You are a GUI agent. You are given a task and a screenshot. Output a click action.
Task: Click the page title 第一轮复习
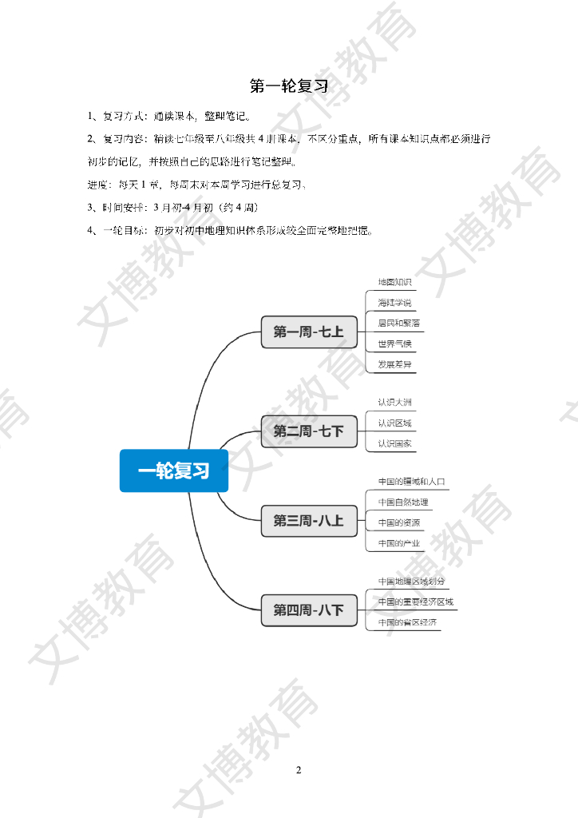tap(289, 86)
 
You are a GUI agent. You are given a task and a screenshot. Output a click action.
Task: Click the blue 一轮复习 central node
tap(174, 471)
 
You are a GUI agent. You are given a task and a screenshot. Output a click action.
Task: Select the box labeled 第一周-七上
tap(309, 332)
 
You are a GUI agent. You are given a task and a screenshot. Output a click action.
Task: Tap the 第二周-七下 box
tap(309, 431)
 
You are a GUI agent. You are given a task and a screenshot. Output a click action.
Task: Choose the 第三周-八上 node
tap(309, 521)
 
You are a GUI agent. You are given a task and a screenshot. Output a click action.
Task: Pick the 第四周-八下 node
tap(309, 610)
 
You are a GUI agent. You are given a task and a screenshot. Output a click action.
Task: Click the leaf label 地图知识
tap(394, 282)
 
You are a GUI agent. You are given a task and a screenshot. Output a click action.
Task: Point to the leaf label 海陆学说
tap(394, 303)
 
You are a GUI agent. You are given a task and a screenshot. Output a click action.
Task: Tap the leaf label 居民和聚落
tap(399, 324)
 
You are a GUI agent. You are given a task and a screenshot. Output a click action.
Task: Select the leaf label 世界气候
tap(394, 344)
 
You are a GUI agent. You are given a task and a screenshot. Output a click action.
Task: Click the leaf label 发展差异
tap(394, 365)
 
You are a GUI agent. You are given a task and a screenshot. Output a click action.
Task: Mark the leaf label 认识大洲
tap(394, 402)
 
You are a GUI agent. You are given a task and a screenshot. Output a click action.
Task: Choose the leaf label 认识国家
tap(394, 443)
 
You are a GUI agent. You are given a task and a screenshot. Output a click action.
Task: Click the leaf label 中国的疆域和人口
tap(411, 482)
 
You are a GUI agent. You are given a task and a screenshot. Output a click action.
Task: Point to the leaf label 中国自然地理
tap(403, 502)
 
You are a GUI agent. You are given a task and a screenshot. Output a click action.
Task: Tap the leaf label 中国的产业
tap(399, 544)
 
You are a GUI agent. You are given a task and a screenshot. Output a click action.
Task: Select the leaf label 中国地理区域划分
tap(411, 582)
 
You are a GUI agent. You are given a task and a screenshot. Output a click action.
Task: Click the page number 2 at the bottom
tap(299, 770)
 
